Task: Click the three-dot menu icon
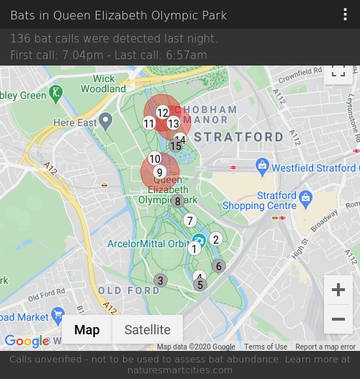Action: (x=346, y=15)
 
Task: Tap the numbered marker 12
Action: (x=163, y=112)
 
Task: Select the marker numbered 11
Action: (x=149, y=123)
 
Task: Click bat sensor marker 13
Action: (x=173, y=123)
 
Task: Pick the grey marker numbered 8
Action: (x=178, y=201)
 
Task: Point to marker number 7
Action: (x=190, y=220)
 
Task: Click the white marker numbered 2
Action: (x=215, y=239)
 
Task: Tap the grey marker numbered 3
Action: (x=161, y=280)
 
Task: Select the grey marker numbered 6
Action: (x=219, y=266)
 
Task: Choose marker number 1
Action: (x=194, y=249)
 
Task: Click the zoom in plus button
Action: (x=338, y=290)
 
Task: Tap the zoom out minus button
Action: (x=338, y=318)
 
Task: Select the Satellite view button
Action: (x=148, y=330)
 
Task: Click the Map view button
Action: (x=87, y=330)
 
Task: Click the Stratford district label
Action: (x=239, y=137)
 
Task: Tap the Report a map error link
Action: (x=325, y=347)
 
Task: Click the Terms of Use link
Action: (x=266, y=347)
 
